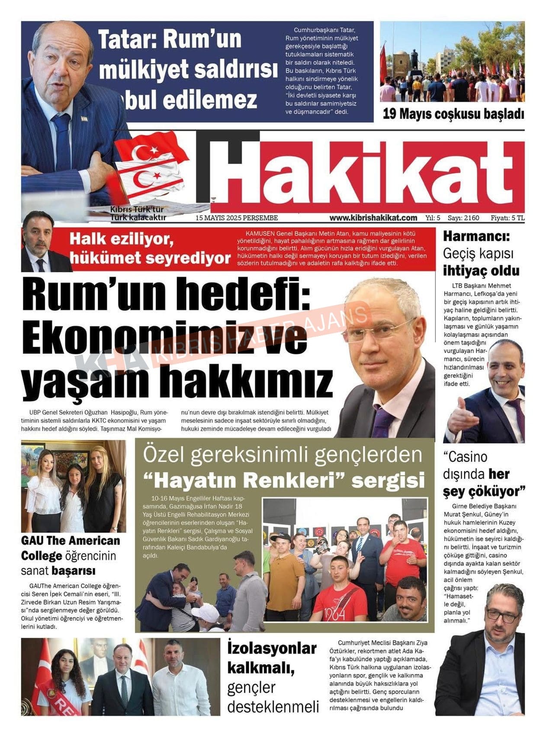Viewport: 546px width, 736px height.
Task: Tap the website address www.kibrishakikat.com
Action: pos(373,218)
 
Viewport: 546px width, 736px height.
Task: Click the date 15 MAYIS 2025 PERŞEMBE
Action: pos(237,218)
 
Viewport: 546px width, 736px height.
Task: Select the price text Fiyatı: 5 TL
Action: pos(507,218)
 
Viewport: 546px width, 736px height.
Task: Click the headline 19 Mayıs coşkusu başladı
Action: pos(453,114)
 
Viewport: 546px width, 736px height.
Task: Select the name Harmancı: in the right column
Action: pos(476,236)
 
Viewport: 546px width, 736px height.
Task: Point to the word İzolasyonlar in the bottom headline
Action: pos(272,648)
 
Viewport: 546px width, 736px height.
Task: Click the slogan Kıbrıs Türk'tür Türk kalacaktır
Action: pos(138,213)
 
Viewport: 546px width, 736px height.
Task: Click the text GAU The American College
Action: pos(71,548)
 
